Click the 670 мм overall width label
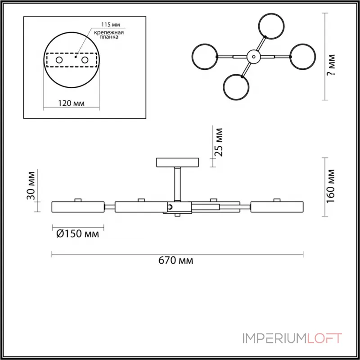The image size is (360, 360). pyautogui.click(x=175, y=261)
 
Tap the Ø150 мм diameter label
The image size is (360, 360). pyautogui.click(x=77, y=234)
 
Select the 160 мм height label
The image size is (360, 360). pyautogui.click(x=331, y=186)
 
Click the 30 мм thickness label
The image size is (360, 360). pyautogui.click(x=31, y=185)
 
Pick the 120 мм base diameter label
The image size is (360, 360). pyautogui.click(x=71, y=103)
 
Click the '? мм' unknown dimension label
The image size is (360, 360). pyautogui.click(x=331, y=65)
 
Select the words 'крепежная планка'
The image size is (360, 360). pyautogui.click(x=109, y=35)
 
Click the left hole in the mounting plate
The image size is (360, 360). pyautogui.click(x=59, y=60)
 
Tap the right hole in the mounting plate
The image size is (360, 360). pyautogui.click(x=85, y=60)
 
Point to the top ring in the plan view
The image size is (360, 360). pyautogui.click(x=271, y=26)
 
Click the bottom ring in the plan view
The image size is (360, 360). pyautogui.click(x=236, y=87)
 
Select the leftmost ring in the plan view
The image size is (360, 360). pyautogui.click(x=205, y=57)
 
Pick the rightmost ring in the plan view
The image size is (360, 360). pyautogui.click(x=302, y=57)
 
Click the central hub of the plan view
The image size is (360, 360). pyautogui.click(x=254, y=57)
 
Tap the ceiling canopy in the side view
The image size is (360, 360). pyautogui.click(x=177, y=162)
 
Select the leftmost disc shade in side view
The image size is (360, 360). pyautogui.click(x=78, y=207)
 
